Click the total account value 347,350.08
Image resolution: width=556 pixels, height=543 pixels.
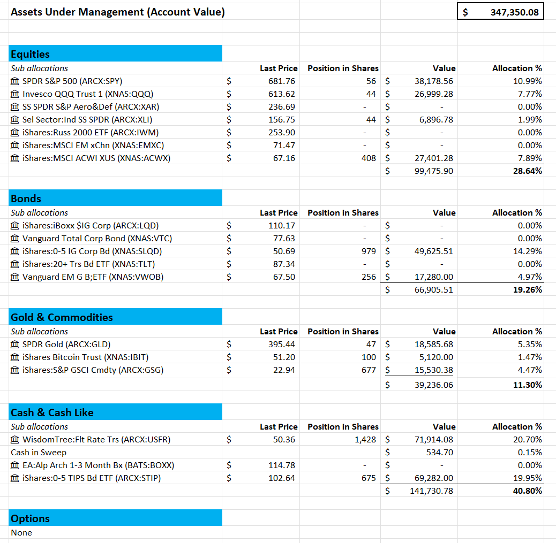tap(514, 12)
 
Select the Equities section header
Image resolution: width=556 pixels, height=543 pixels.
tap(31, 54)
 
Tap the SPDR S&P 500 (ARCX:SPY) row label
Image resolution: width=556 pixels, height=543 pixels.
tap(72, 81)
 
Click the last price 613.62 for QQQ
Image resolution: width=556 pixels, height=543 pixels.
tap(282, 94)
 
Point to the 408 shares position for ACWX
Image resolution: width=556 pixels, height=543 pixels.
tap(369, 158)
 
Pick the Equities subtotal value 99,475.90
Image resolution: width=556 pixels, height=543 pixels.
tap(434, 171)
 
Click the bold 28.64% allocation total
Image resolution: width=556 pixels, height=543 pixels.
tap(527, 171)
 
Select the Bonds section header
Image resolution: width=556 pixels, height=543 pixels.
tap(26, 198)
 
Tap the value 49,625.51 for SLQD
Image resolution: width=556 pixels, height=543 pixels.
tap(434, 251)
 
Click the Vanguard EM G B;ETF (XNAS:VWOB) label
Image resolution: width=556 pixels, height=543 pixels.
tap(92, 277)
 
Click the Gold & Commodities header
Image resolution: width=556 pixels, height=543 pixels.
tap(62, 317)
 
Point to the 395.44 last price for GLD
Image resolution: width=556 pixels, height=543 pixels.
tap(282, 345)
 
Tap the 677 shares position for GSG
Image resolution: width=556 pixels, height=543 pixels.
tap(369, 370)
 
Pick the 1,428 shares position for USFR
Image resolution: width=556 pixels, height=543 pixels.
tap(365, 440)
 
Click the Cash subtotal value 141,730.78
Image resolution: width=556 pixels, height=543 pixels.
tap(432, 491)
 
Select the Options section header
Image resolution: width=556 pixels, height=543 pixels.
tap(31, 518)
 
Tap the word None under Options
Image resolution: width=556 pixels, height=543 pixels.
tap(21, 533)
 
